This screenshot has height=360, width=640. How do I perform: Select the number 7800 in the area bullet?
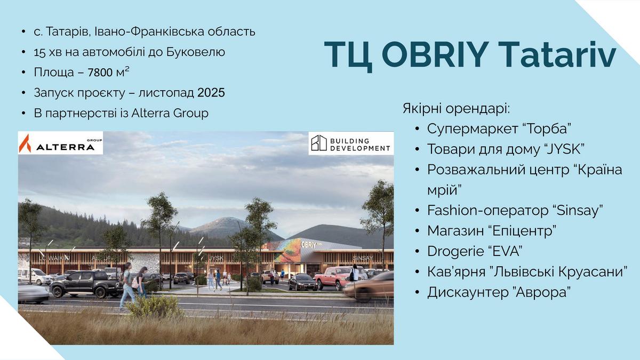100,73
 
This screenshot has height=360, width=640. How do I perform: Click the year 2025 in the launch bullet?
211,93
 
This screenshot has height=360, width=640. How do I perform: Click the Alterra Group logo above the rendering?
60,143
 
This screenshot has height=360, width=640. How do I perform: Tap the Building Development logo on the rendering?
351,143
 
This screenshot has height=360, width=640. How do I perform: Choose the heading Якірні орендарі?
457,109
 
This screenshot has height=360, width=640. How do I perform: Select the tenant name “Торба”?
547,129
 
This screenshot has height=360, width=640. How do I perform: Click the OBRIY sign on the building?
309,245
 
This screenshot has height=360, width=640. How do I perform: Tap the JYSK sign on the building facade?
217,258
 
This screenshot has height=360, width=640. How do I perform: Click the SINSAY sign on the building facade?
363,258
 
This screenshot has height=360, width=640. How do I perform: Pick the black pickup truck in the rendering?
86,284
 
